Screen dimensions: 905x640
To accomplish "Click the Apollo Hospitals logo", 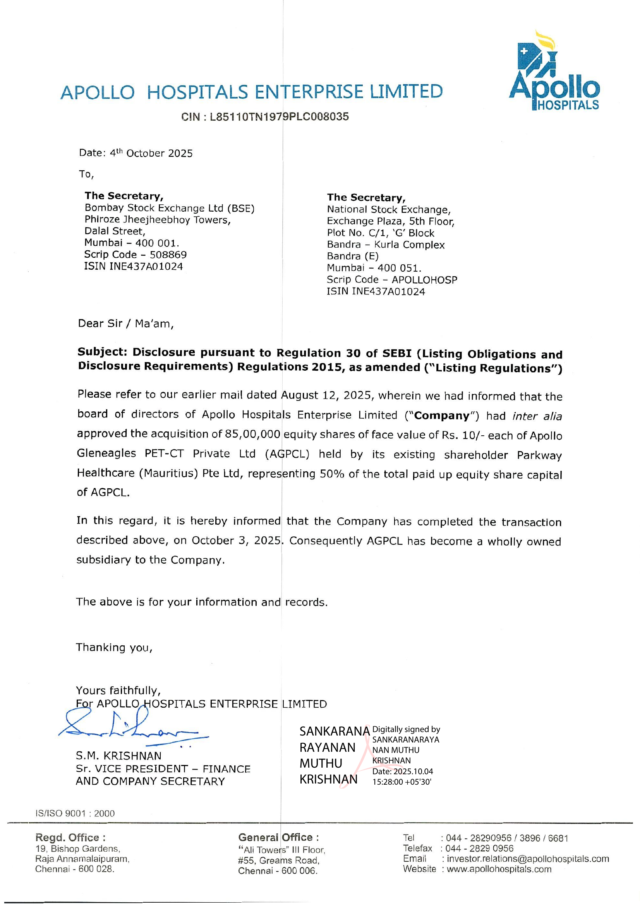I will pos(554,71).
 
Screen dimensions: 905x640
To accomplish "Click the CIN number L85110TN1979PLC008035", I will pos(279,117).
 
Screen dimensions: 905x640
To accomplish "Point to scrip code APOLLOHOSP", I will pos(424,280).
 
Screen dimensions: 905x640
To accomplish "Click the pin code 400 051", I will pos(399,268).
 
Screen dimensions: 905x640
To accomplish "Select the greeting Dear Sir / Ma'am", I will pos(126,323).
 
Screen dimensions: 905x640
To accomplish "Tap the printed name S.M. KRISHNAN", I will pos(119,756).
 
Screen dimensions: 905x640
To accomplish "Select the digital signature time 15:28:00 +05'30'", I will pos(402,782).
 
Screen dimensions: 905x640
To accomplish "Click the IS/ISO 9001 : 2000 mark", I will pos(75,814).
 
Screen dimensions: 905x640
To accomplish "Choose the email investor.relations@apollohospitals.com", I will pos(528,859).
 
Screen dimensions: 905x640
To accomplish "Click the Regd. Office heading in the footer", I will pos(70,838).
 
